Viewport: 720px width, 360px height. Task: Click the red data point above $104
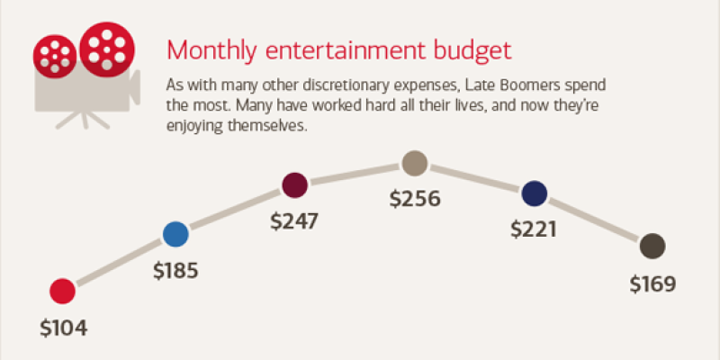(62, 291)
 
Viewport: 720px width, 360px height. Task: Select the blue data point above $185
(176, 235)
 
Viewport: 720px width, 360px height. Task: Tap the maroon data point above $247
(294, 185)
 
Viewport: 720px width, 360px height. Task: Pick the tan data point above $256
(414, 163)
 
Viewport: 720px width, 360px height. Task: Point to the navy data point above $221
(534, 193)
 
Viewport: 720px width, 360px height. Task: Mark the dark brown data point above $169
(652, 246)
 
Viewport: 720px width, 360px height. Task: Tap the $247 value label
(295, 221)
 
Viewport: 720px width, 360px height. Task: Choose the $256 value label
(415, 200)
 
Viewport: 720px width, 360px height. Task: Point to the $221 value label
(534, 229)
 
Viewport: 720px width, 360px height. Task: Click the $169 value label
(652, 284)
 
